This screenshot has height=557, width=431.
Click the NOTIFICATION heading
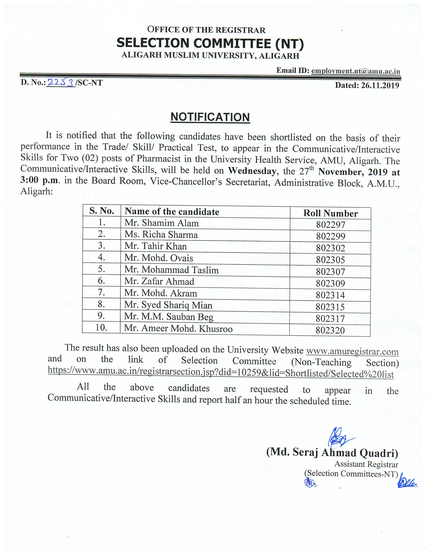(x=210, y=117)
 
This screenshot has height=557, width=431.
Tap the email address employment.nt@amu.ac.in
(x=355, y=71)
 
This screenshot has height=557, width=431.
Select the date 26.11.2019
(x=380, y=85)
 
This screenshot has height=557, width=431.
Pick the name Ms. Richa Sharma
(x=161, y=235)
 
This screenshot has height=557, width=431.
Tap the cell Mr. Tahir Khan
(x=155, y=246)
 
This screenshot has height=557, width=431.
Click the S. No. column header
(x=102, y=211)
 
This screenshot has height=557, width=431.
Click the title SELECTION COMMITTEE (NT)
(x=210, y=43)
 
